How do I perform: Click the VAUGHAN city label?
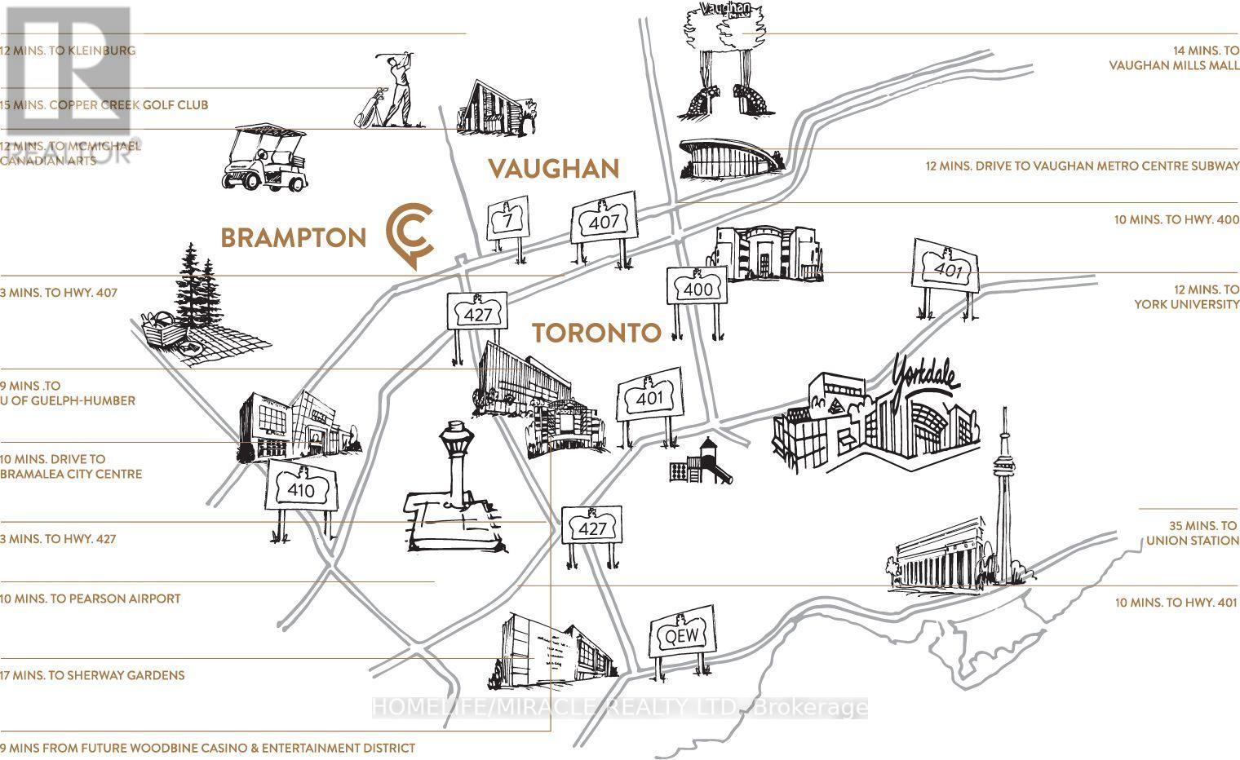click(x=553, y=169)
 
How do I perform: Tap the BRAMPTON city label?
click(x=294, y=238)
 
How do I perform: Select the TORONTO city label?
click(x=596, y=333)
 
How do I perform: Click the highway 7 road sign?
click(x=507, y=219)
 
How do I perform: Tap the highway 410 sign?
click(x=299, y=490)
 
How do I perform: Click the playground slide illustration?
click(x=695, y=462)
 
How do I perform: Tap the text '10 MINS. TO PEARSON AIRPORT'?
click(x=91, y=599)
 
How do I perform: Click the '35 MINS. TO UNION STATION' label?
click(x=1192, y=533)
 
